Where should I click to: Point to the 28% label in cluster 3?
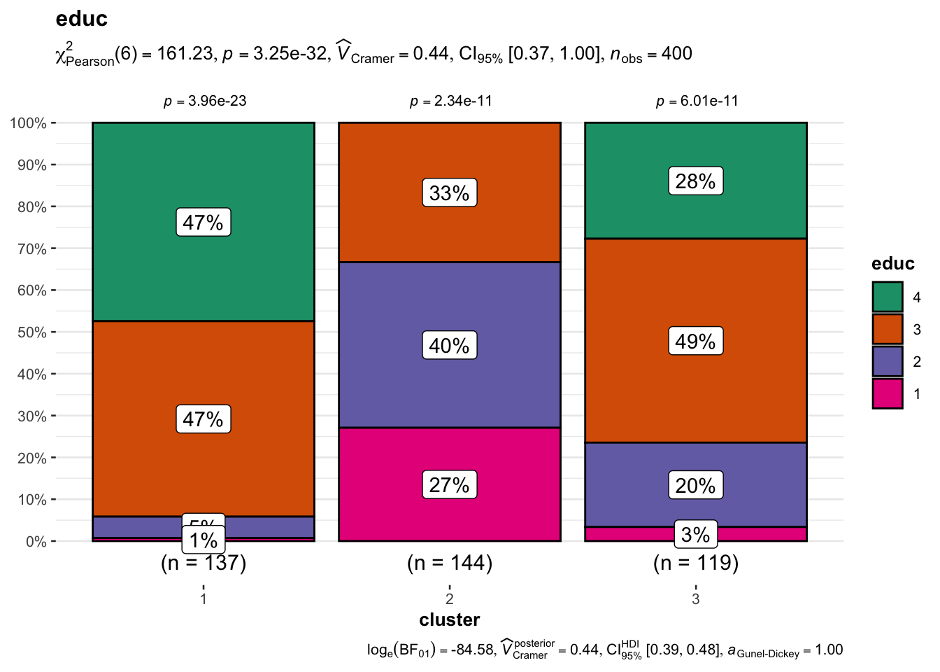696,181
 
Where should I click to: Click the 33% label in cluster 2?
450,193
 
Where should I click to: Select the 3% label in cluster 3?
696,535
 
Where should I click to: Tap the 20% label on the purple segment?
696,485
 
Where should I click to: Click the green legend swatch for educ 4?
887,297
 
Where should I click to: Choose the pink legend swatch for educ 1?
887,393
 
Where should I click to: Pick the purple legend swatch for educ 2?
887,361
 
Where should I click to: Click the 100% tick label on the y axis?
28,124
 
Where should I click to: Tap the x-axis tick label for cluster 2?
450,598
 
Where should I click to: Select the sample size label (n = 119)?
696,563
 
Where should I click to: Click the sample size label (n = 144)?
450,563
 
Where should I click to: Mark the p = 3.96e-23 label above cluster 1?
205,101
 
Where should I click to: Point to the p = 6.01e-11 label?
697,101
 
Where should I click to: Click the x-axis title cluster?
450,620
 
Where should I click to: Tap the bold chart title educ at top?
82,19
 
